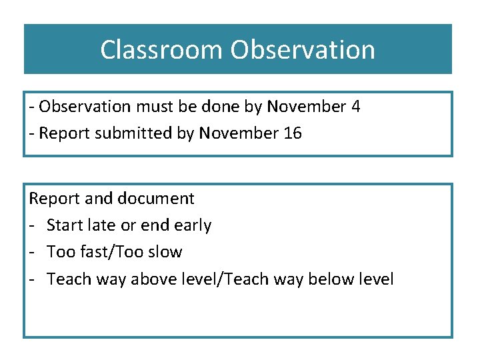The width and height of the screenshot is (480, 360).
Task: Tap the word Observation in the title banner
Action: [x=303, y=49]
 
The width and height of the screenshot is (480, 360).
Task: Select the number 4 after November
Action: [x=355, y=107]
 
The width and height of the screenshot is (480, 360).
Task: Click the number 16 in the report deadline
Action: [x=293, y=133]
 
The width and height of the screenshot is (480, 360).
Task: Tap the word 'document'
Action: [x=155, y=198]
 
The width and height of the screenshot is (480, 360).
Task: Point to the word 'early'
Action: [x=193, y=225]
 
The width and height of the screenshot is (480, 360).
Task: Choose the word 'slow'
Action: [x=165, y=252]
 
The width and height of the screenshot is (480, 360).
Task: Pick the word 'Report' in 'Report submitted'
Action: [x=65, y=133]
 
